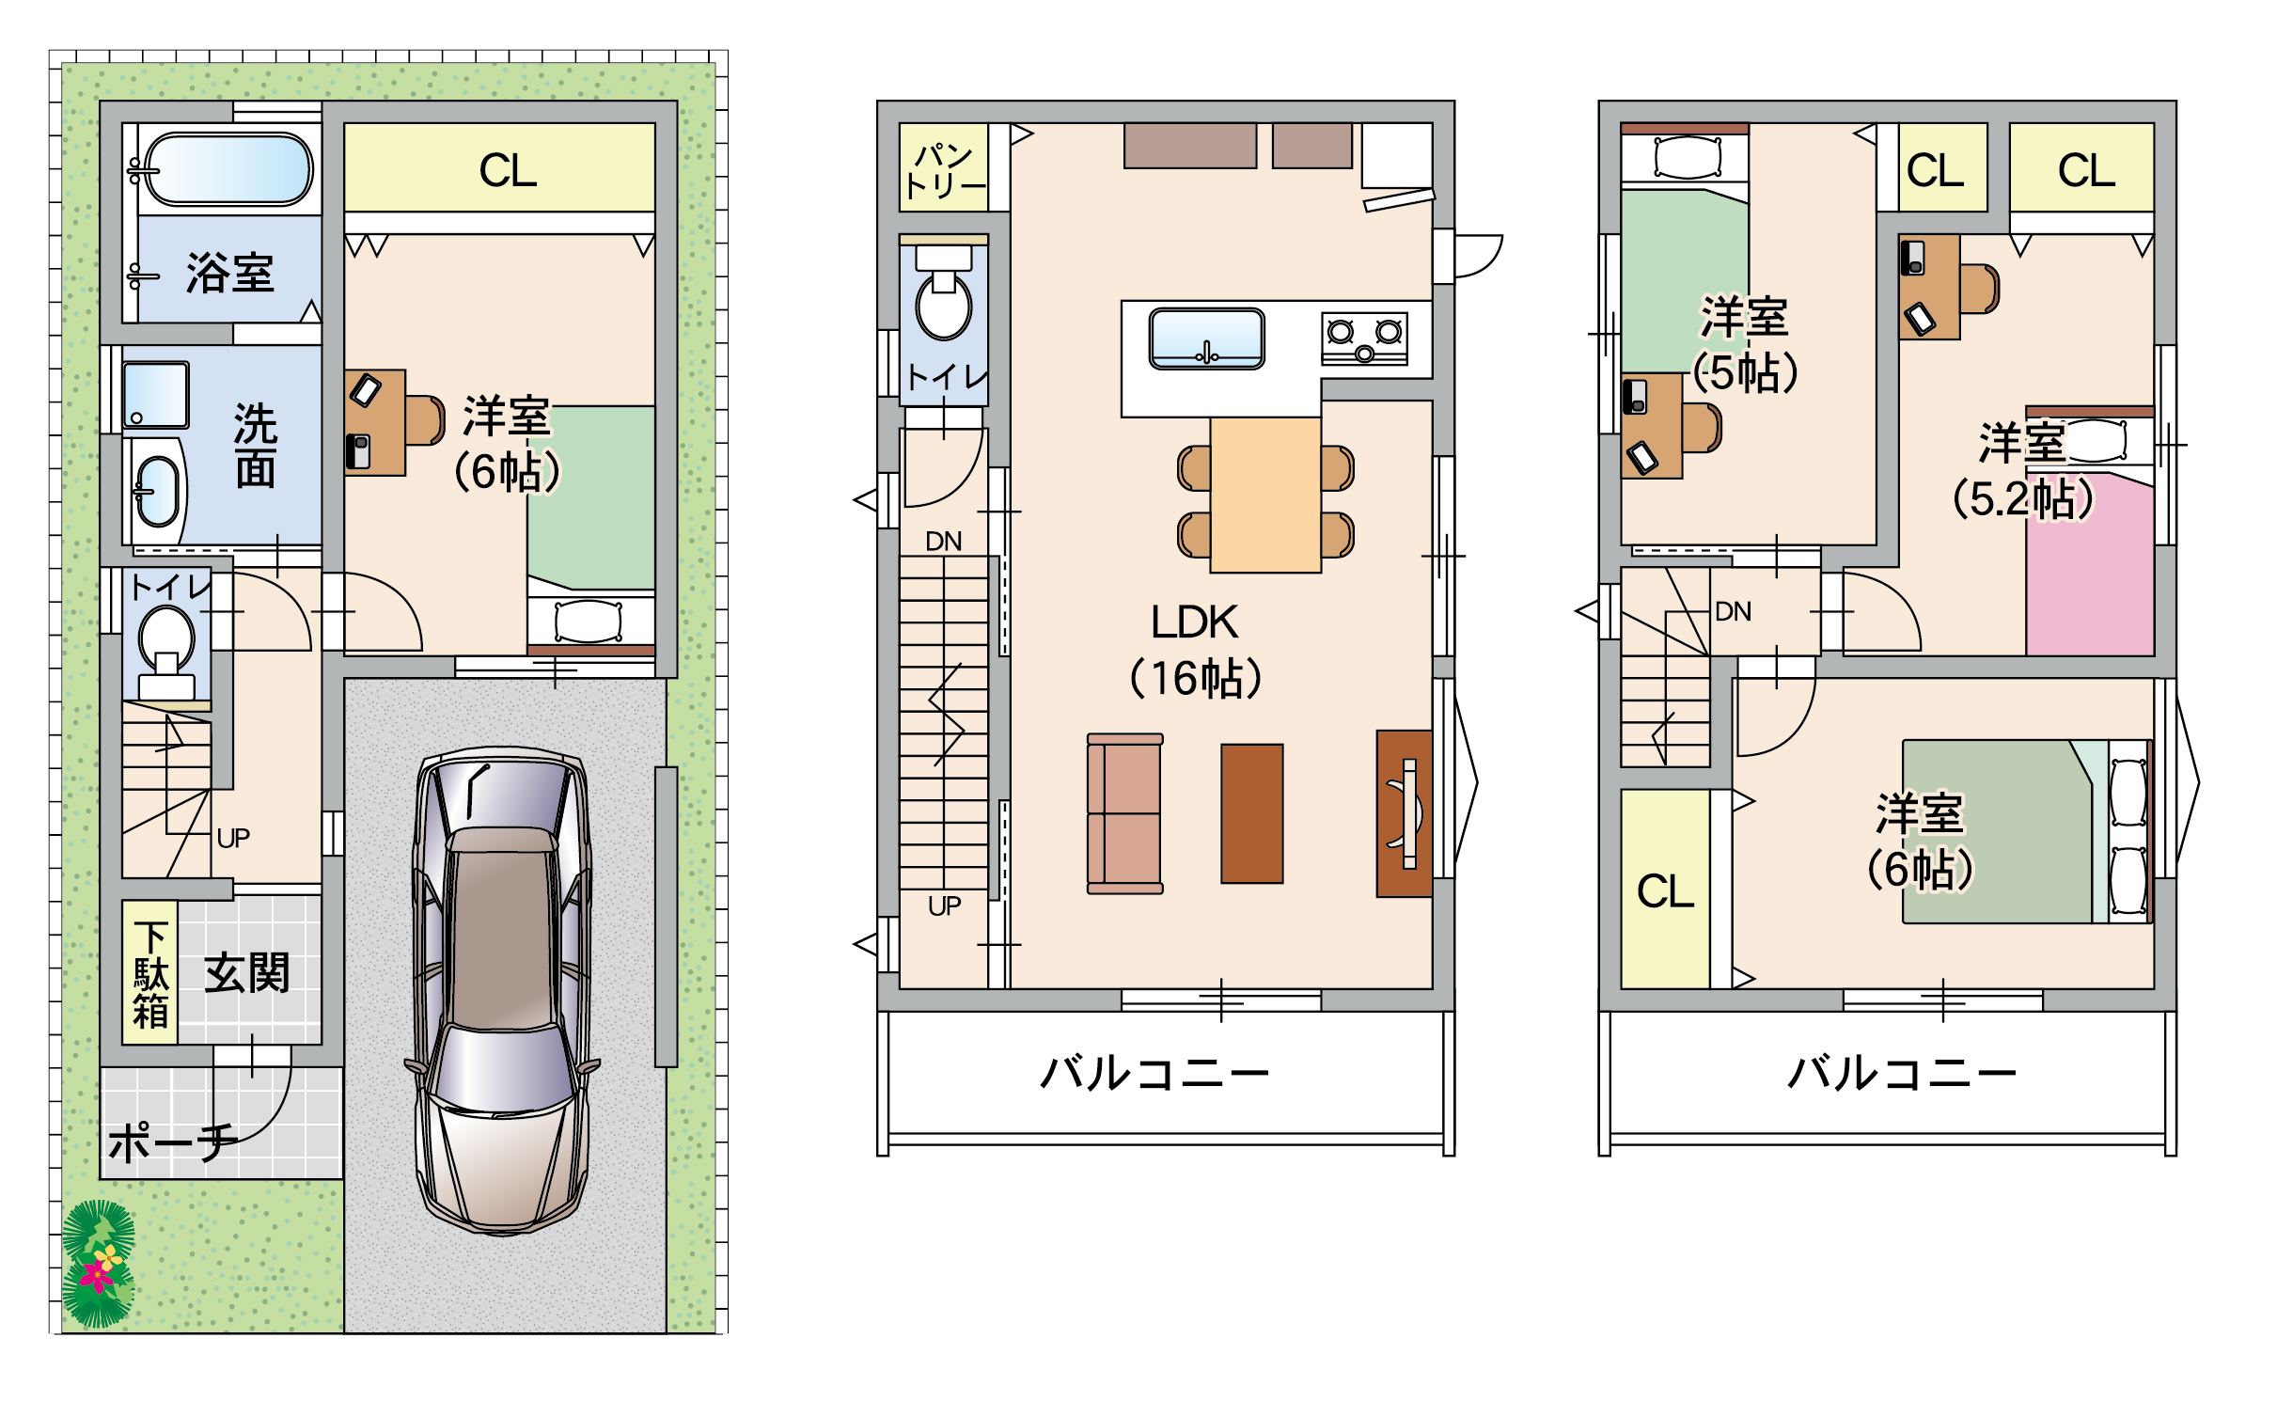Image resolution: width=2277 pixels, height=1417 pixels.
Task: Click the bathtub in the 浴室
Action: [x=228, y=168]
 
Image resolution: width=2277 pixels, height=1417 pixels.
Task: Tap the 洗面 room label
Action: [x=256, y=447]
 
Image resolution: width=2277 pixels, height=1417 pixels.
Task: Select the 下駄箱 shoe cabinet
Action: [x=150, y=972]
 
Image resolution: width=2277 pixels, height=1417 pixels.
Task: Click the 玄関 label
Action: [x=247, y=972]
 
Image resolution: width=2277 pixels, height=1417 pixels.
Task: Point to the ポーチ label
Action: [x=173, y=1141]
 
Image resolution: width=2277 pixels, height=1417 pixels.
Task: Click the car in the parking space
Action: [x=502, y=990]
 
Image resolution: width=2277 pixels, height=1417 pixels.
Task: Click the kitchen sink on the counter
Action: [x=1207, y=339]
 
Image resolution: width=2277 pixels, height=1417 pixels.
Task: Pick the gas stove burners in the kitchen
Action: [x=1364, y=339]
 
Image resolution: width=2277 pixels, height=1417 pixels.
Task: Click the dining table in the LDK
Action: [x=1266, y=496]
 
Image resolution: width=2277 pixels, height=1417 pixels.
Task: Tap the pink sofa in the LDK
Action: [x=1125, y=813]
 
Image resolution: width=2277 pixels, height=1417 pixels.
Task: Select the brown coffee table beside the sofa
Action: [x=1252, y=813]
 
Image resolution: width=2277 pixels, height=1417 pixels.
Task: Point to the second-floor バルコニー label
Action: [x=1154, y=1073]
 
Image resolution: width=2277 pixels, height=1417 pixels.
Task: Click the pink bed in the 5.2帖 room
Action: [x=2090, y=564]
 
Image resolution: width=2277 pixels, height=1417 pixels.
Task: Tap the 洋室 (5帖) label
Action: [x=1745, y=344]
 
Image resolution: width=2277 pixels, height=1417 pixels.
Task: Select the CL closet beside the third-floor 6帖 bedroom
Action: [x=1666, y=890]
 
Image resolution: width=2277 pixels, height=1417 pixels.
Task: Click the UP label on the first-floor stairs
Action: [x=233, y=838]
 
